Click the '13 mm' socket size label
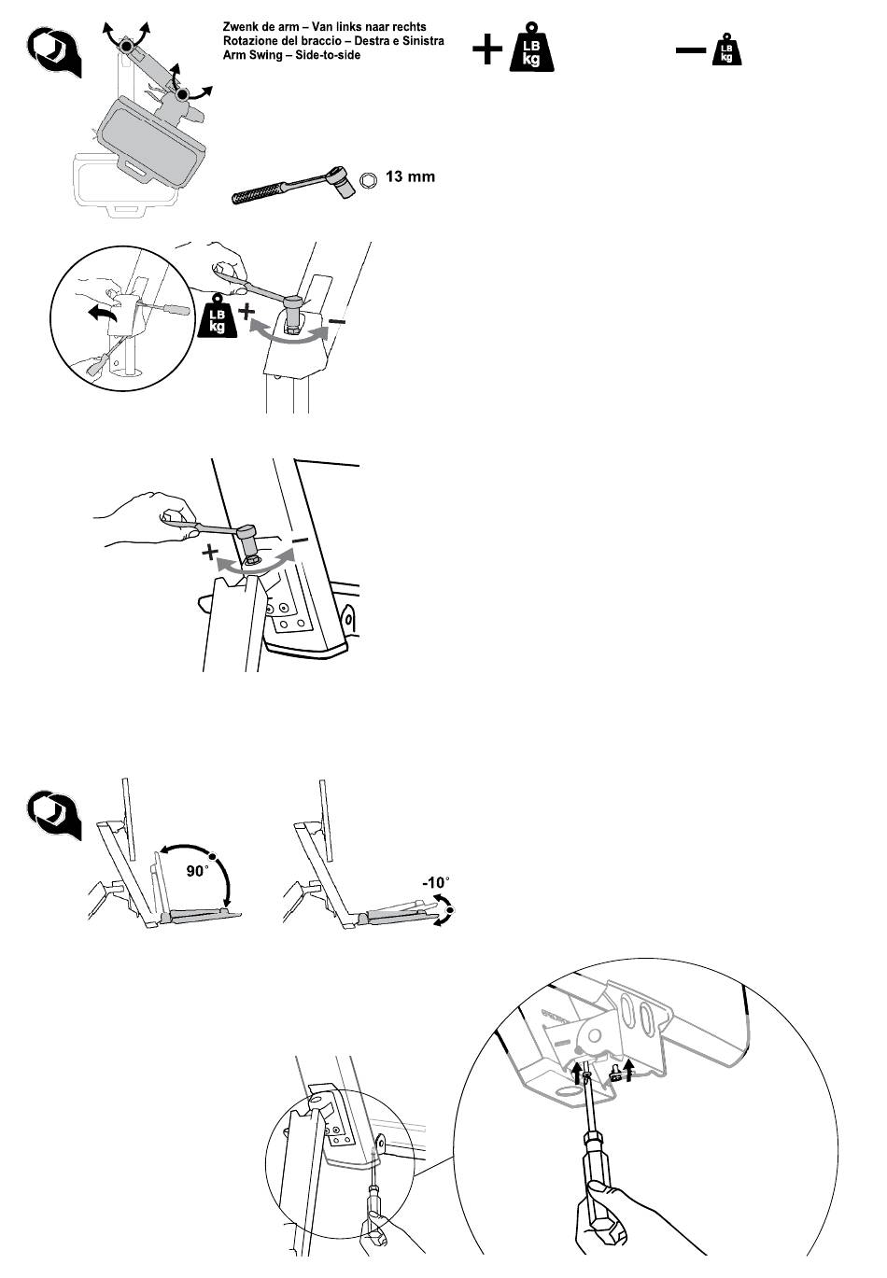click(x=410, y=176)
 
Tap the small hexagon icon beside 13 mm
click(x=368, y=181)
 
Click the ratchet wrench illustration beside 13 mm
click(x=293, y=184)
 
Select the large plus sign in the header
click(x=486, y=49)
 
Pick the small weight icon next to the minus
click(x=726, y=49)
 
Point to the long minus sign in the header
click(x=691, y=50)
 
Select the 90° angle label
click(x=198, y=871)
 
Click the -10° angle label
click(x=436, y=882)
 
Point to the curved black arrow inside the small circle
click(x=104, y=313)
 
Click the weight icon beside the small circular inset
click(x=217, y=316)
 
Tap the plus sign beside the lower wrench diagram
click(x=210, y=552)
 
